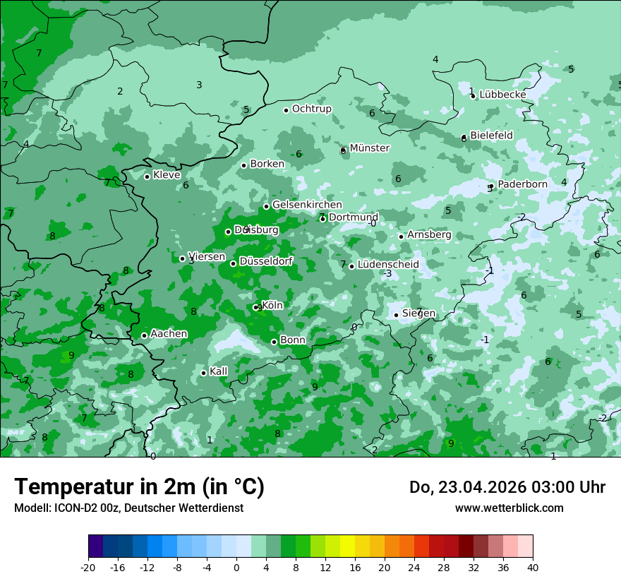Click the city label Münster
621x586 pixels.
pyautogui.click(x=369, y=148)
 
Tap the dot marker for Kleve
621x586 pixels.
pyautogui.click(x=147, y=177)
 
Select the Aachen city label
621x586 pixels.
pyautogui.click(x=169, y=334)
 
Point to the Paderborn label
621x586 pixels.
pyautogui.click(x=522, y=185)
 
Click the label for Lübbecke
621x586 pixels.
pyautogui.click(x=502, y=95)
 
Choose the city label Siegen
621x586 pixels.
pyautogui.click(x=418, y=313)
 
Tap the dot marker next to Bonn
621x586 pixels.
pyautogui.click(x=274, y=342)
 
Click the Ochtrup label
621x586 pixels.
pyautogui.click(x=311, y=109)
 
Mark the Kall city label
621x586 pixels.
pyautogui.click(x=219, y=371)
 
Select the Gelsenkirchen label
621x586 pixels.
pyautogui.click(x=307, y=205)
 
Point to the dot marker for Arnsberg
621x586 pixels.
pyautogui.click(x=401, y=237)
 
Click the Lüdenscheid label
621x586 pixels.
pyautogui.click(x=388, y=265)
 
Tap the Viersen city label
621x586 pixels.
pyautogui.click(x=207, y=257)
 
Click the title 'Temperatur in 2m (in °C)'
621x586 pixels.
pyautogui.click(x=139, y=487)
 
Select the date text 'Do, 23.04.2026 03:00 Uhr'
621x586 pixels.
pyautogui.click(x=507, y=487)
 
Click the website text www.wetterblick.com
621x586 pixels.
pyautogui.click(x=509, y=508)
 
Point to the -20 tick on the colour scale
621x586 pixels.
pyautogui.click(x=88, y=567)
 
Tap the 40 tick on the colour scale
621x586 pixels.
pyautogui.click(x=533, y=567)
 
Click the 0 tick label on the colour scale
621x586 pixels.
pyautogui.click(x=236, y=567)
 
